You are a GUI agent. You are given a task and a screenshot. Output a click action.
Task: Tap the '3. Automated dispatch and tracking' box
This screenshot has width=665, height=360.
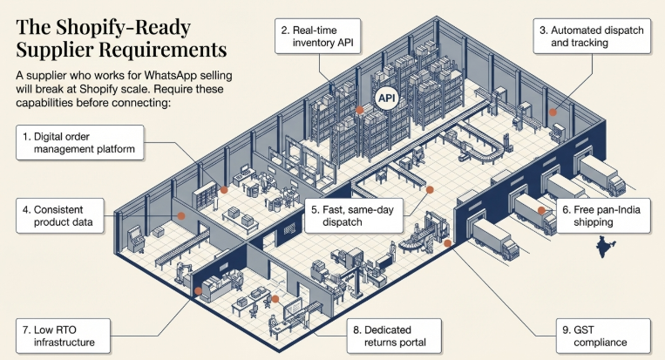(590, 37)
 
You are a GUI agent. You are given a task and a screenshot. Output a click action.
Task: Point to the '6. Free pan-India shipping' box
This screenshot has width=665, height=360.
(602, 215)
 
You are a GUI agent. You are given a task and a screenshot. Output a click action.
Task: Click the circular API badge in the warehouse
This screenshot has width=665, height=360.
(385, 98)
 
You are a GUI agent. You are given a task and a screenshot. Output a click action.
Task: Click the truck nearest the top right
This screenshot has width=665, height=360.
(601, 174)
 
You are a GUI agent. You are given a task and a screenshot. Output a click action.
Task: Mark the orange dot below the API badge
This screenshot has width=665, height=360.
(360, 111)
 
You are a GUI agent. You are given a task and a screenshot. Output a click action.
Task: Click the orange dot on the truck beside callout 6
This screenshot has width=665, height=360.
(541, 209)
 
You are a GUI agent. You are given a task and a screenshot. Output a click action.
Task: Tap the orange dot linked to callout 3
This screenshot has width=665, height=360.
(552, 112)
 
